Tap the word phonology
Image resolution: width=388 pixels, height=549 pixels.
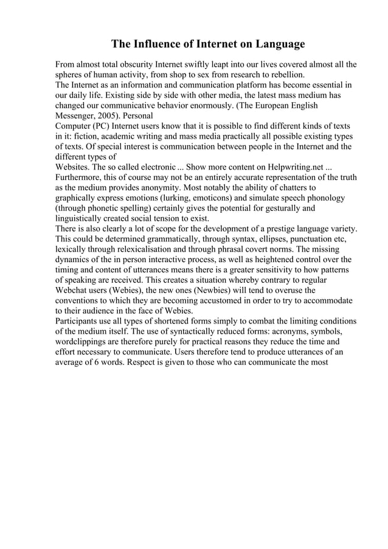(x=326, y=198)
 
